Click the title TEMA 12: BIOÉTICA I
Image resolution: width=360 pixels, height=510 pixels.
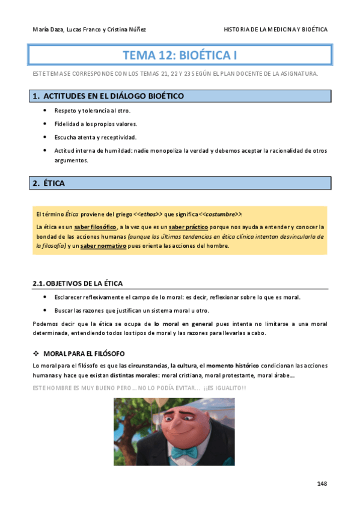tap(180, 56)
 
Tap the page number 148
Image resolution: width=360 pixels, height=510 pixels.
tap(322, 483)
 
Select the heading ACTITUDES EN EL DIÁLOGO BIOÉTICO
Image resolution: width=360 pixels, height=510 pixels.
tap(114, 96)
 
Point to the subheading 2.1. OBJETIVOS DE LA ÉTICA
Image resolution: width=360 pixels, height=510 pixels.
tap(79, 283)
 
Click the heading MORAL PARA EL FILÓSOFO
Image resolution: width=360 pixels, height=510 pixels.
tap(84, 353)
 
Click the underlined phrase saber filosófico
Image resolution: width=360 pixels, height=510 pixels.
tap(95, 227)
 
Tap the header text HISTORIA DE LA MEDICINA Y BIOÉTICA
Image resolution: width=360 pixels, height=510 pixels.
tap(275, 29)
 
